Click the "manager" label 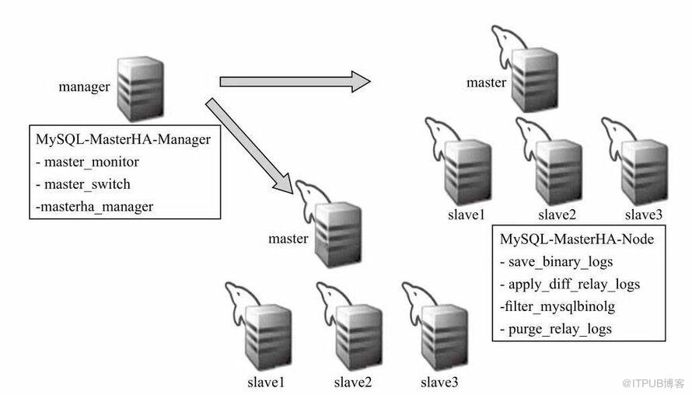click(84, 86)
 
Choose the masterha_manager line click(95, 206)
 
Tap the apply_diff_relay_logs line click(574, 284)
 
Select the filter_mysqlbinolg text click(557, 306)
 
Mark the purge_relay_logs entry click(556, 328)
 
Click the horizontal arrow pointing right click(294, 81)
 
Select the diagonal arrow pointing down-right click(249, 146)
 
